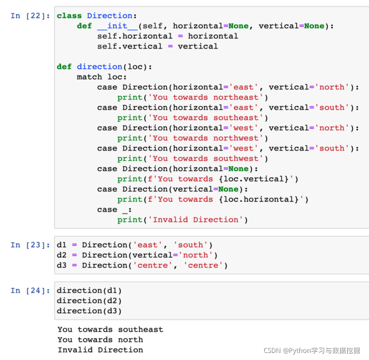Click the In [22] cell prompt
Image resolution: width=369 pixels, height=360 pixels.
30,16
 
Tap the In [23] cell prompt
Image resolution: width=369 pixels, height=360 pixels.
30,245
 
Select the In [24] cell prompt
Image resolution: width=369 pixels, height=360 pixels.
30,290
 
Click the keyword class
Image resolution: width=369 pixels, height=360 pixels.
69,16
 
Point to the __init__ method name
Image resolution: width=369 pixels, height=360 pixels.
117,26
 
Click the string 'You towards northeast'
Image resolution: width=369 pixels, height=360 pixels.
206,97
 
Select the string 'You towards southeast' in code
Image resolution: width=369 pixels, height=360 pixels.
206,118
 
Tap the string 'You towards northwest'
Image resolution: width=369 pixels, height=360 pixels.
206,138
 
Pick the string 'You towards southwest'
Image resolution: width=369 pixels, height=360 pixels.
206,159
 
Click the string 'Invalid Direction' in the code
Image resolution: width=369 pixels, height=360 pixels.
195,220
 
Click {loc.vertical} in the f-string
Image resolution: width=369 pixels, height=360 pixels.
254,179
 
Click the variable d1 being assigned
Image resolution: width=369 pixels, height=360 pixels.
61,245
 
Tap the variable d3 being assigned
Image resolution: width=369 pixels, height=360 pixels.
61,265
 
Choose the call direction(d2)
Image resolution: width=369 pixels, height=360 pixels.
89,301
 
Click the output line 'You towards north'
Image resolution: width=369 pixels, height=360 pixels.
101,340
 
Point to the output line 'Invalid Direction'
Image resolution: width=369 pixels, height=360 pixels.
101,350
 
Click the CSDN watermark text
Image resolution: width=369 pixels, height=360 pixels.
312,351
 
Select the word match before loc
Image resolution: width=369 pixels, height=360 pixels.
90,77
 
